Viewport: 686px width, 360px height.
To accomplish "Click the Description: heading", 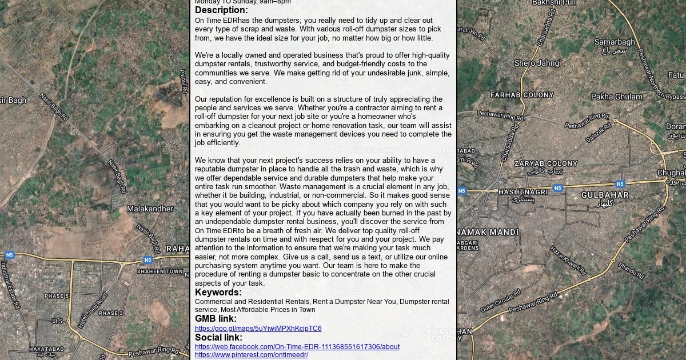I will click(221, 10).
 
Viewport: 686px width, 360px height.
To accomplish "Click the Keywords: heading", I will click(218, 293).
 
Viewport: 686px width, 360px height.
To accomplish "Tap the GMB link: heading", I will click(216, 319).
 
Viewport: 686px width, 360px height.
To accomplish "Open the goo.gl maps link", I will click(258, 329).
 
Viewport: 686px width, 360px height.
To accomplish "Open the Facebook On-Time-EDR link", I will click(297, 347).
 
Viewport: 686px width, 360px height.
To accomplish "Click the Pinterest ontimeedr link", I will click(251, 355).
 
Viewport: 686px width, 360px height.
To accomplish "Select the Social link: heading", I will click(218, 337).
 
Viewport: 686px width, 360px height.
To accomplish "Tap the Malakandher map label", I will click(150, 209).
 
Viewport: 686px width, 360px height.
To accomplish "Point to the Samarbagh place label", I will click(615, 42).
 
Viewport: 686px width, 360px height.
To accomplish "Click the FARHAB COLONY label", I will click(522, 95).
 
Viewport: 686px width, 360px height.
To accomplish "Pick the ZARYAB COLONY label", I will click(545, 163).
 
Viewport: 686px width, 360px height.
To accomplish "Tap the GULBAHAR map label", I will click(605, 195).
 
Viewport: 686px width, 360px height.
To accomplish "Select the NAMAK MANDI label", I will click(488, 232).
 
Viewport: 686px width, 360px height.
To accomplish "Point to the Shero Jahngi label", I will click(537, 63).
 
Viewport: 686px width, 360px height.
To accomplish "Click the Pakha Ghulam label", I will click(617, 97).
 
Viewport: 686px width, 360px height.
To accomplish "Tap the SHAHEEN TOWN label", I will click(159, 272).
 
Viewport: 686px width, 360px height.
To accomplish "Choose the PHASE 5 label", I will click(57, 296).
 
